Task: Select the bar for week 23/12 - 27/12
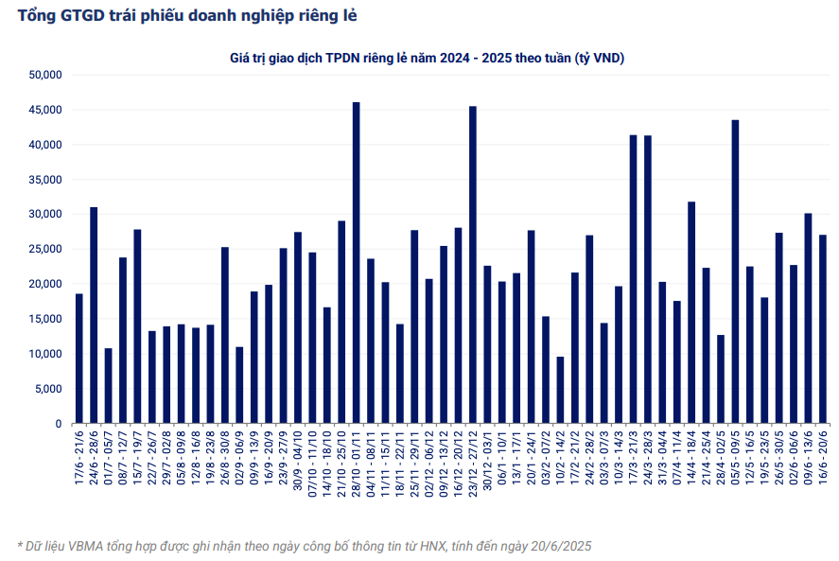[x=473, y=265]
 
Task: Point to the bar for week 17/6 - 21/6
[x=79, y=359]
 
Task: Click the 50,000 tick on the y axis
[x=45, y=75]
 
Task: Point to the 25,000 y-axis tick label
[x=45, y=250]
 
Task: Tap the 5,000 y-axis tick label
[x=48, y=389]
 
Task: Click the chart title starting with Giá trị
[x=427, y=58]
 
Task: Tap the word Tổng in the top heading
[x=35, y=16]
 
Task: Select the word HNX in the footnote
[x=434, y=546]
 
